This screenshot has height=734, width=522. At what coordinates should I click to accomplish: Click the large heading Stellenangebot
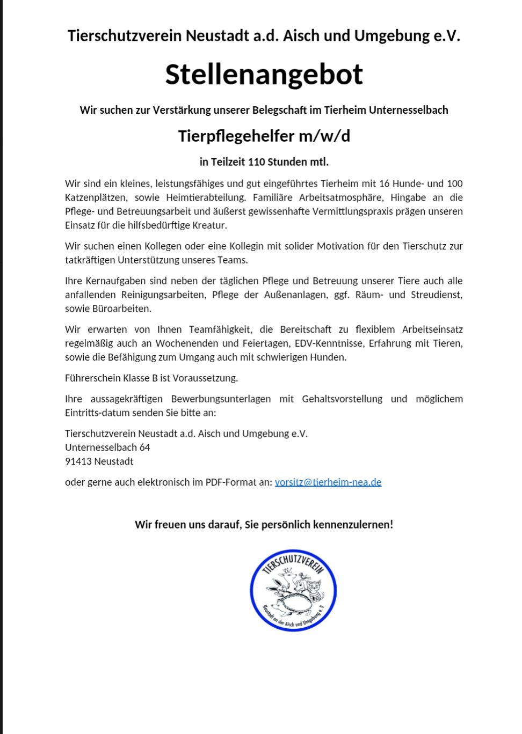coord(264,74)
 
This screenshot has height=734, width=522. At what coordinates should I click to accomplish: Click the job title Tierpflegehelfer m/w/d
coord(264,136)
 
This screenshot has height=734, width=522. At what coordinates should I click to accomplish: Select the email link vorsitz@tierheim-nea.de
coord(328,482)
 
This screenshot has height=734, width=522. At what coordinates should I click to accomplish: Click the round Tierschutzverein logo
coord(293,590)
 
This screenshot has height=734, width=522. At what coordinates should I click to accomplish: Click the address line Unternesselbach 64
coord(107,447)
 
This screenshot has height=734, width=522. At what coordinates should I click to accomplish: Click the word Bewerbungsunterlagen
coord(221,399)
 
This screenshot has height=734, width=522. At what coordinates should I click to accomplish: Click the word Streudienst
coord(436,295)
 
